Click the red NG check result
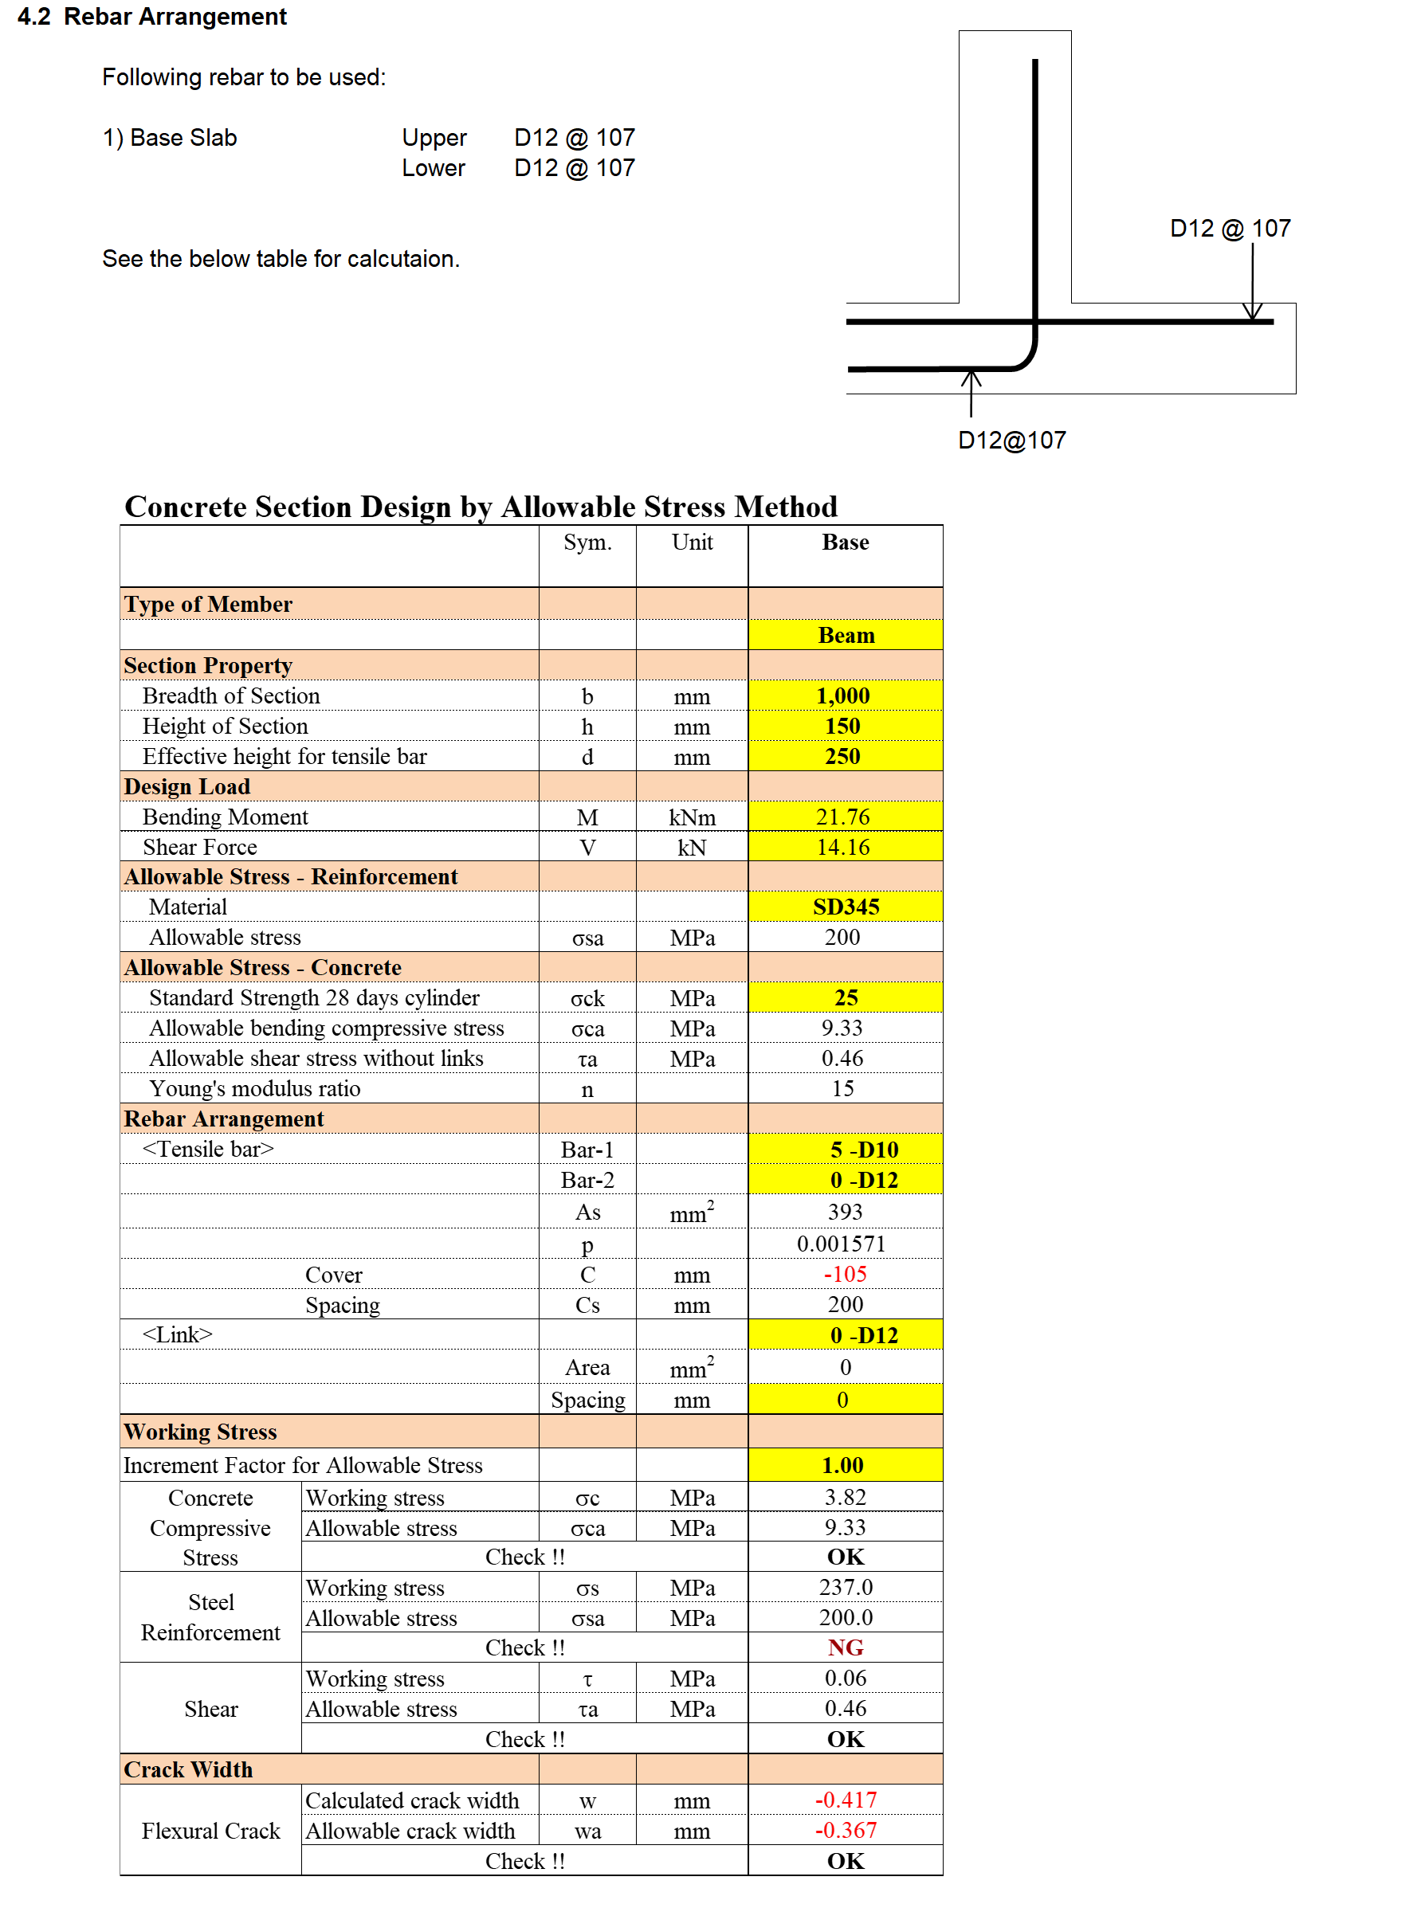pyautogui.click(x=845, y=1647)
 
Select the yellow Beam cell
pyautogui.click(x=846, y=635)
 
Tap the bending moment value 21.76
pyautogui.click(x=842, y=817)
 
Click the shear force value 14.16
pyautogui.click(x=842, y=847)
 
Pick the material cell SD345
pyautogui.click(x=846, y=907)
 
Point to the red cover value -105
pyautogui.click(x=845, y=1274)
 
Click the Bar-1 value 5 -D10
pyautogui.click(x=863, y=1150)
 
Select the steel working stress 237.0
pyautogui.click(x=846, y=1587)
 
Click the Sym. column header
pyautogui.click(x=587, y=543)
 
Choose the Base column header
pyautogui.click(x=845, y=543)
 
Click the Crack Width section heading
pyautogui.click(x=189, y=1769)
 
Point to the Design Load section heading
pyautogui.click(x=186, y=786)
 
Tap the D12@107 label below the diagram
pyautogui.click(x=1011, y=440)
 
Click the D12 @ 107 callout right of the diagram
pyautogui.click(x=1229, y=229)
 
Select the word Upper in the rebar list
pyautogui.click(x=434, y=137)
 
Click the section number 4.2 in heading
pyautogui.click(x=34, y=16)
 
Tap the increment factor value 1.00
pyautogui.click(x=842, y=1465)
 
